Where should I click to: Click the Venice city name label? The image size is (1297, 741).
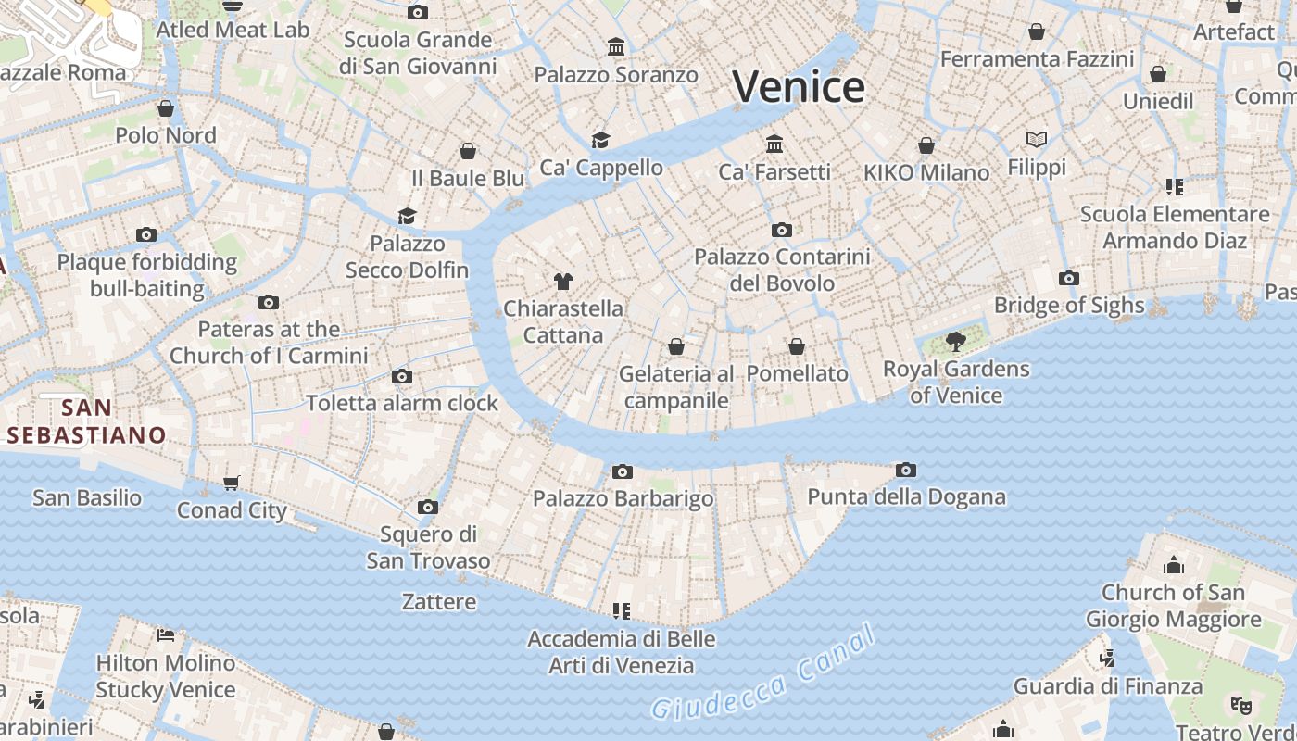[x=799, y=87]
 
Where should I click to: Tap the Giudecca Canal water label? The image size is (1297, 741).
[x=762, y=673]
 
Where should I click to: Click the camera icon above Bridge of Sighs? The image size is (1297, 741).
[x=1068, y=278]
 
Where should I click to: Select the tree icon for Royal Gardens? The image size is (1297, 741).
[x=956, y=342]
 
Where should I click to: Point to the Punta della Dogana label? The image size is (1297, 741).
[x=906, y=497]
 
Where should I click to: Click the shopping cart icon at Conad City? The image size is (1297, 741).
[x=232, y=483]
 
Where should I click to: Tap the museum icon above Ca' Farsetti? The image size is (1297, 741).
[x=774, y=144]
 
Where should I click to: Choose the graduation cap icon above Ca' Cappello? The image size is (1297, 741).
[x=600, y=140]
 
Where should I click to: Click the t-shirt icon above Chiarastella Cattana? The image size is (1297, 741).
[x=562, y=281]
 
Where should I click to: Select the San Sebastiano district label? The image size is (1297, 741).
[x=86, y=421]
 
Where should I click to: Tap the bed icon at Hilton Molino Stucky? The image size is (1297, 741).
[x=166, y=635]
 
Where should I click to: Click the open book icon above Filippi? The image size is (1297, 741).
[x=1037, y=140]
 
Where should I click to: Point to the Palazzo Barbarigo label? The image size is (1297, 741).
[x=623, y=499]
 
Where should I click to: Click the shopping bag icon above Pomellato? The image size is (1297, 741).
[x=797, y=346]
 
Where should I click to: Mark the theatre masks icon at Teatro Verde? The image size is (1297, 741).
[x=1240, y=706]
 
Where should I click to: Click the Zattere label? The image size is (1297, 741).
[x=439, y=602]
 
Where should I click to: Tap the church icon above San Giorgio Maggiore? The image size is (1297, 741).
[x=1174, y=564]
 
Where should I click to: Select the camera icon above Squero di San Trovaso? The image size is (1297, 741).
[x=427, y=507]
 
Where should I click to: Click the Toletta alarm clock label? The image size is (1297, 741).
[x=402, y=403]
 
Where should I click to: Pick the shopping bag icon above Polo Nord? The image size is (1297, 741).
[x=166, y=108]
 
